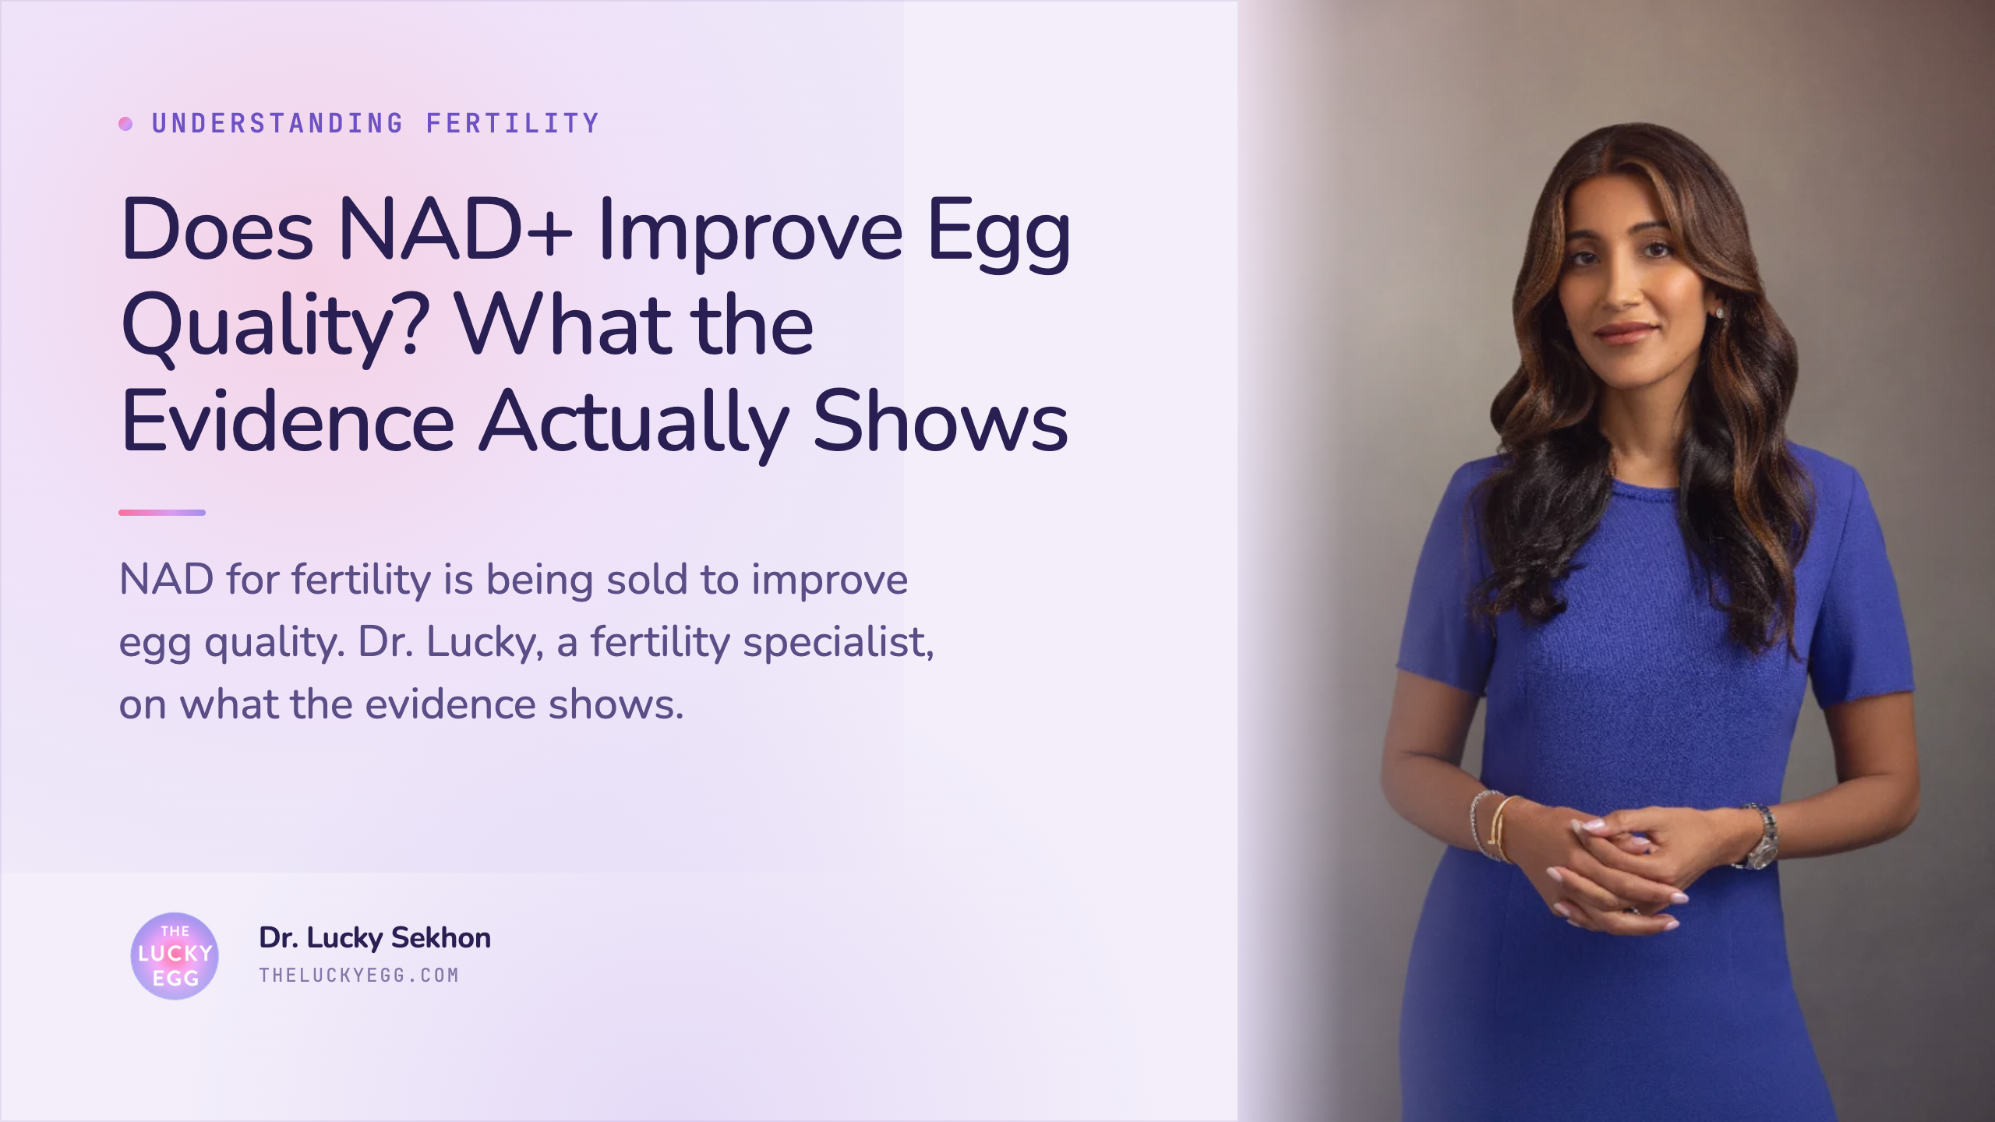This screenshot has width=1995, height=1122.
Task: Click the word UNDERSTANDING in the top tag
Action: point(277,123)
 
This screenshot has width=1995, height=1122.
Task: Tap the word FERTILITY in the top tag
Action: point(513,123)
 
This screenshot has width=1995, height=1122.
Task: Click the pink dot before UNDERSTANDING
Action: point(125,123)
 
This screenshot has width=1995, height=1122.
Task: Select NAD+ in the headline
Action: point(456,230)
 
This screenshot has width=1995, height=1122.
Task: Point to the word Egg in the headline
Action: point(999,233)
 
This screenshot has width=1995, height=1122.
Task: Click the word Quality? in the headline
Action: point(275,328)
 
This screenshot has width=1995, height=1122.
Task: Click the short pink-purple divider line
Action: point(162,513)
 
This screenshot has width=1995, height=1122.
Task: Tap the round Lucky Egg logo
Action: point(175,956)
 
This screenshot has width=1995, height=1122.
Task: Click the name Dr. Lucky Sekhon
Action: point(375,938)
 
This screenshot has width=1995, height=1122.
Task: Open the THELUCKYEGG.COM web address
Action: point(359,976)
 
